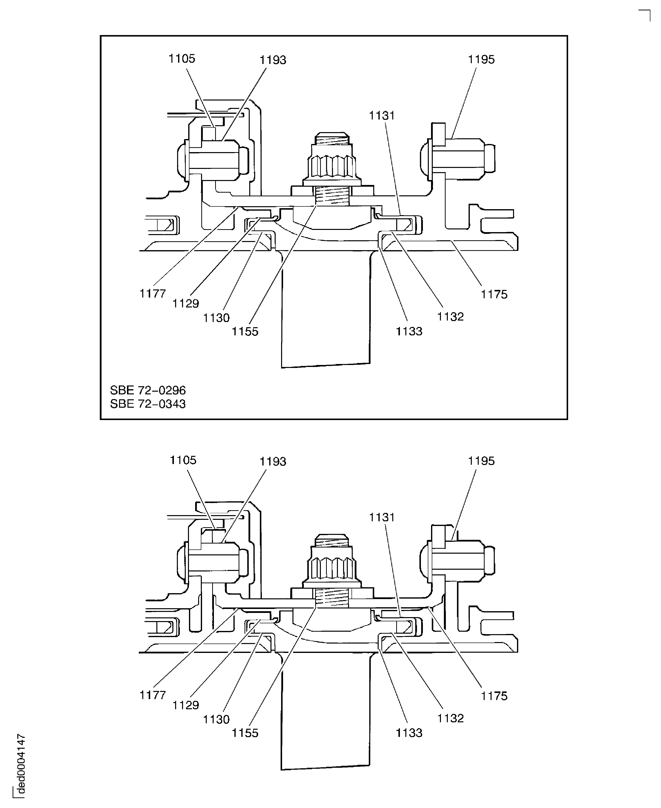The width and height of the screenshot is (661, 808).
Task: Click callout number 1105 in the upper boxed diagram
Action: (182, 59)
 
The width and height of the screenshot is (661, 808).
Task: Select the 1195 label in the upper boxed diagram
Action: (481, 59)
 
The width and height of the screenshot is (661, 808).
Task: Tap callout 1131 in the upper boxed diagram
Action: (382, 115)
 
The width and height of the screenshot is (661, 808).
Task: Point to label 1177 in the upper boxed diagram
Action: (152, 293)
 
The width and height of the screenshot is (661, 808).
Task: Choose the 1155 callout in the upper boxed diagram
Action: (245, 331)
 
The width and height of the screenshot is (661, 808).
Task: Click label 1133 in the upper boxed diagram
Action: (409, 331)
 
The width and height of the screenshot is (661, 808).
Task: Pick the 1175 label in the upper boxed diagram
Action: (494, 294)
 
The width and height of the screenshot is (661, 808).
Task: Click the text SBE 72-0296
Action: (148, 390)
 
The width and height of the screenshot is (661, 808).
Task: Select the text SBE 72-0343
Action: (148, 404)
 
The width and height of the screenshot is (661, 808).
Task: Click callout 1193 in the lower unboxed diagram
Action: (273, 461)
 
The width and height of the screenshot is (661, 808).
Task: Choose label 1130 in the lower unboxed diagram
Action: (216, 719)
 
